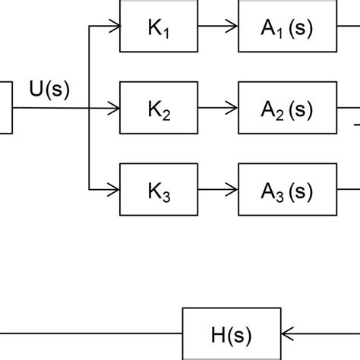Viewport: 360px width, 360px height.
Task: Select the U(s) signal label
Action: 49,90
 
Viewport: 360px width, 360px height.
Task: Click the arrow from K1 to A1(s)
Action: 219,28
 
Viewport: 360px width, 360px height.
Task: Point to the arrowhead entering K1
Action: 114,28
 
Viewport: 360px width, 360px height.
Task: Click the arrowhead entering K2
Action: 114,109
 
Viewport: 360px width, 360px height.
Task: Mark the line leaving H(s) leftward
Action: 91,332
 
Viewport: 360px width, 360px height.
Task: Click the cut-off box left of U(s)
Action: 6,109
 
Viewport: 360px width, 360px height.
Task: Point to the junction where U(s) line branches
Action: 90,109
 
